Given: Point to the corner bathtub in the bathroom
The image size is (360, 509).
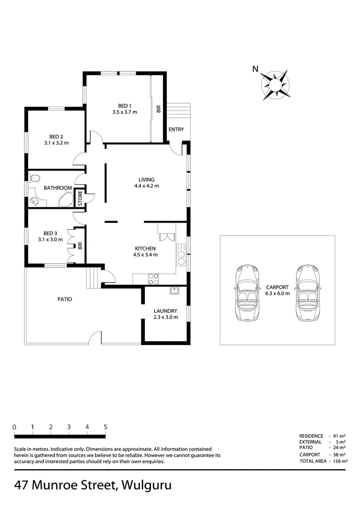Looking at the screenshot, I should [66, 200].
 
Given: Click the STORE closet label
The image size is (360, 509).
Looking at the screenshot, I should [80, 198].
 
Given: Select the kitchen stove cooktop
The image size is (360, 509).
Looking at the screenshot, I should [153, 279].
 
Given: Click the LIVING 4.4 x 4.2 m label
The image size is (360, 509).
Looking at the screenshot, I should [146, 182].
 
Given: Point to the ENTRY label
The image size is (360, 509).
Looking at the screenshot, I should [176, 130].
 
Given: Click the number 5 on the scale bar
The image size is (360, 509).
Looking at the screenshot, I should [106, 427].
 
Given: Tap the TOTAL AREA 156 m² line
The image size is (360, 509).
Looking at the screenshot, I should [323, 461].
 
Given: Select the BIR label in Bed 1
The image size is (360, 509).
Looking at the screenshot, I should [158, 109].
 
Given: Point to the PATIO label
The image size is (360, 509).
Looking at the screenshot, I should [65, 299].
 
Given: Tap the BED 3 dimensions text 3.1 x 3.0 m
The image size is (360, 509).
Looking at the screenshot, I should [50, 239].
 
